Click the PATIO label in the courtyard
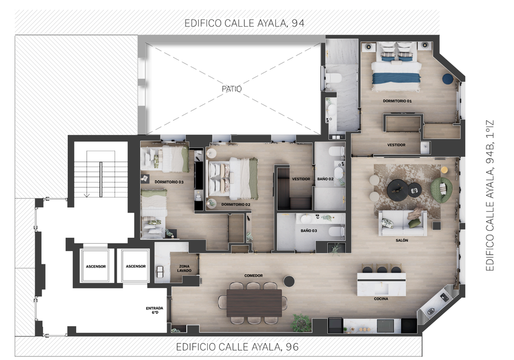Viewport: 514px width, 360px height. pos(232,89)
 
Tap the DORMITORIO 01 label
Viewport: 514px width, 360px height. pos(397,101)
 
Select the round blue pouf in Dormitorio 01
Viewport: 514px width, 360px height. pos(447,79)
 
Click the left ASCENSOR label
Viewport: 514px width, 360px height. pos(96,267)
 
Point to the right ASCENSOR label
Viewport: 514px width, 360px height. pos(136,266)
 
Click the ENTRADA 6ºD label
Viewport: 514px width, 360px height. pos(154,310)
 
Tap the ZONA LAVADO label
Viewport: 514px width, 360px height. pos(184,269)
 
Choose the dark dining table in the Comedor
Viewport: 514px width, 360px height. pos(254,303)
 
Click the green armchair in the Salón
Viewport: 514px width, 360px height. pos(442,190)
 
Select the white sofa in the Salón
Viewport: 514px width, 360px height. pos(403,223)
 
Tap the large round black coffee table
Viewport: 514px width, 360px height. pos(398,189)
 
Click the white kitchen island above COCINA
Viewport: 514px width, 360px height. pos(381,284)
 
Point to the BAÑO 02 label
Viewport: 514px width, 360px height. pos(325,179)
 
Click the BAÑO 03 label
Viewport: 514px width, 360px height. pos(309,231)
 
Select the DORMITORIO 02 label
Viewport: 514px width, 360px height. pos(236,204)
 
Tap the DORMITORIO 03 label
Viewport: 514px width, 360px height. pos(169,182)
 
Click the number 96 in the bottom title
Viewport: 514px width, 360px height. pos(292,347)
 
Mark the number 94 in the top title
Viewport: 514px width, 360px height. pos(298,23)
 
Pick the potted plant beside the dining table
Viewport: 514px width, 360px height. pos(301,322)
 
